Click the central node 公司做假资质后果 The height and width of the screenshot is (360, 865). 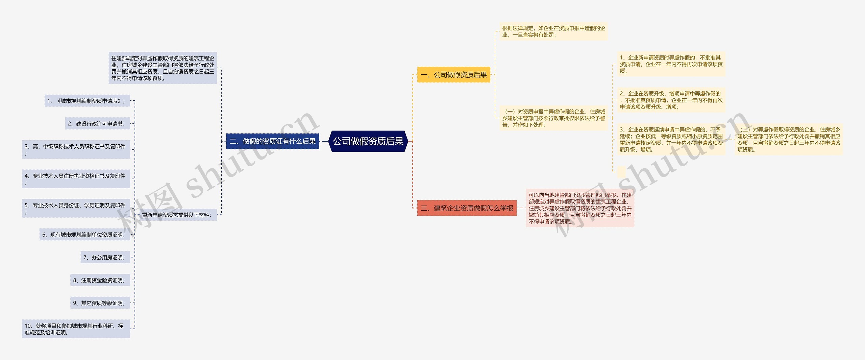[x=368, y=141]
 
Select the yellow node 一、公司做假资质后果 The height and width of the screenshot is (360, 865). [x=453, y=75]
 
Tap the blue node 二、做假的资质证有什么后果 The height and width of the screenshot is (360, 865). [x=272, y=141]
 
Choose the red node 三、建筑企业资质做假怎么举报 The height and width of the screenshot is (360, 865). [x=467, y=208]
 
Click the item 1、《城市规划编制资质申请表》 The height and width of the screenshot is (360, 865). [x=87, y=101]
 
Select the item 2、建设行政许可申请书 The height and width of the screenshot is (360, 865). [x=97, y=124]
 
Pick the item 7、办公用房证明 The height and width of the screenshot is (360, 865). [x=105, y=258]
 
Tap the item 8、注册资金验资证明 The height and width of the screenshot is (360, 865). [x=100, y=280]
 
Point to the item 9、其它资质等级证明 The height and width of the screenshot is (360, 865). [x=100, y=303]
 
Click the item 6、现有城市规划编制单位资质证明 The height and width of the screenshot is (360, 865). [x=84, y=235]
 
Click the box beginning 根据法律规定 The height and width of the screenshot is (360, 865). [x=553, y=31]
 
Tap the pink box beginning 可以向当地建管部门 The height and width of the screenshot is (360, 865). [x=580, y=208]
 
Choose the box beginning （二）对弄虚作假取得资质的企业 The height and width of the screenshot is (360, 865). [x=789, y=139]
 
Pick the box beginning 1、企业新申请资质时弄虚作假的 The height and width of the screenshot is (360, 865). [x=671, y=64]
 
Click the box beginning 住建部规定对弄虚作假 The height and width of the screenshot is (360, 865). [x=163, y=68]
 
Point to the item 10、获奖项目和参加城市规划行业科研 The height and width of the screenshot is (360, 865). [x=76, y=329]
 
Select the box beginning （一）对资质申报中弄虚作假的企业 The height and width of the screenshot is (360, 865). [x=553, y=118]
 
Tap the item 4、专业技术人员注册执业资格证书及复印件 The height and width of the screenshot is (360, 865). [x=76, y=179]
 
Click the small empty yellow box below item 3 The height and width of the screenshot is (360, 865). [x=621, y=172]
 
